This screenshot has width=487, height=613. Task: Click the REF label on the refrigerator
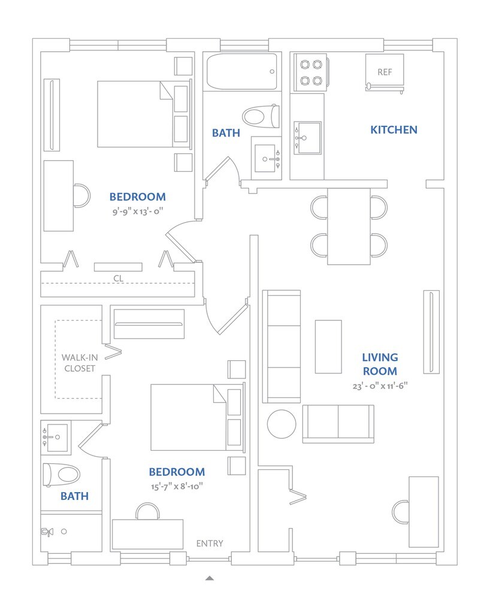tap(385, 72)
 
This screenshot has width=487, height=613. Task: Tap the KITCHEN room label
tap(394, 129)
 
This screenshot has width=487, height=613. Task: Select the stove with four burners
tap(309, 72)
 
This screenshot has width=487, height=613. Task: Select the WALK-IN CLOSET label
tap(79, 363)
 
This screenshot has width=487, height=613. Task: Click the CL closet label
tap(118, 278)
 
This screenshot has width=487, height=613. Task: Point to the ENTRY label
tap(210, 544)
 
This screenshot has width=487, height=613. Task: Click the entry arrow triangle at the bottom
tap(210, 578)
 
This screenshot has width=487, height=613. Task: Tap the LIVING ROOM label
tap(379, 364)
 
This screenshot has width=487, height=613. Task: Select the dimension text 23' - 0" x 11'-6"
tap(380, 386)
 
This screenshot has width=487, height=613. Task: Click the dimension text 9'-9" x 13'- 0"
tap(138, 211)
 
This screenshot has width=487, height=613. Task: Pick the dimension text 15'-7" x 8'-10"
tap(177, 486)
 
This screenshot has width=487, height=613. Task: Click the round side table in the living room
tap(282, 424)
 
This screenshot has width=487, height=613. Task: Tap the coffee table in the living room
tap(328, 347)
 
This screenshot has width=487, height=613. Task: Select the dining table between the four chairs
tap(349, 226)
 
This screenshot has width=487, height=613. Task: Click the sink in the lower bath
tap(57, 437)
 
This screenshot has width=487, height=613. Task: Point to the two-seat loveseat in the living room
tap(338, 423)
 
